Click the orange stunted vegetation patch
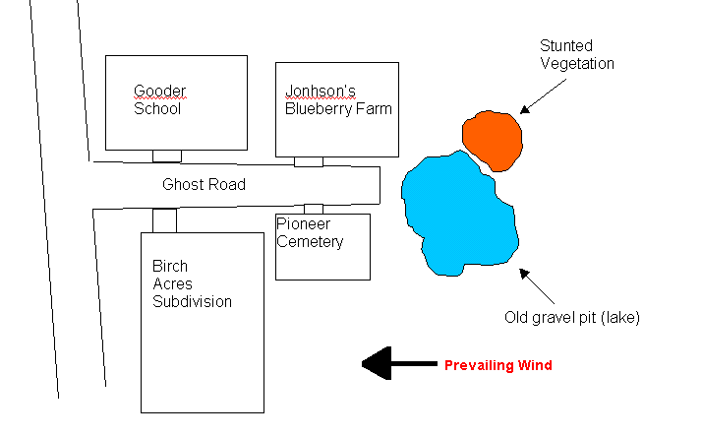[494, 139]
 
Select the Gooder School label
[159, 100]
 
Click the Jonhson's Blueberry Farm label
[337, 100]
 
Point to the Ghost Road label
[204, 184]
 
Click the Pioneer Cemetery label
[309, 232]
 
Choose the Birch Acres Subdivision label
[192, 284]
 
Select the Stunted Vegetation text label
[577, 55]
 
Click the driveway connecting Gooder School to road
[167, 156]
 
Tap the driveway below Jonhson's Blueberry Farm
[309, 161]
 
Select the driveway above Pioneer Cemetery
[314, 209]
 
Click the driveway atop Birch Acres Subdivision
[164, 220]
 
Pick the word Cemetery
[310, 241]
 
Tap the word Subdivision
[192, 302]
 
